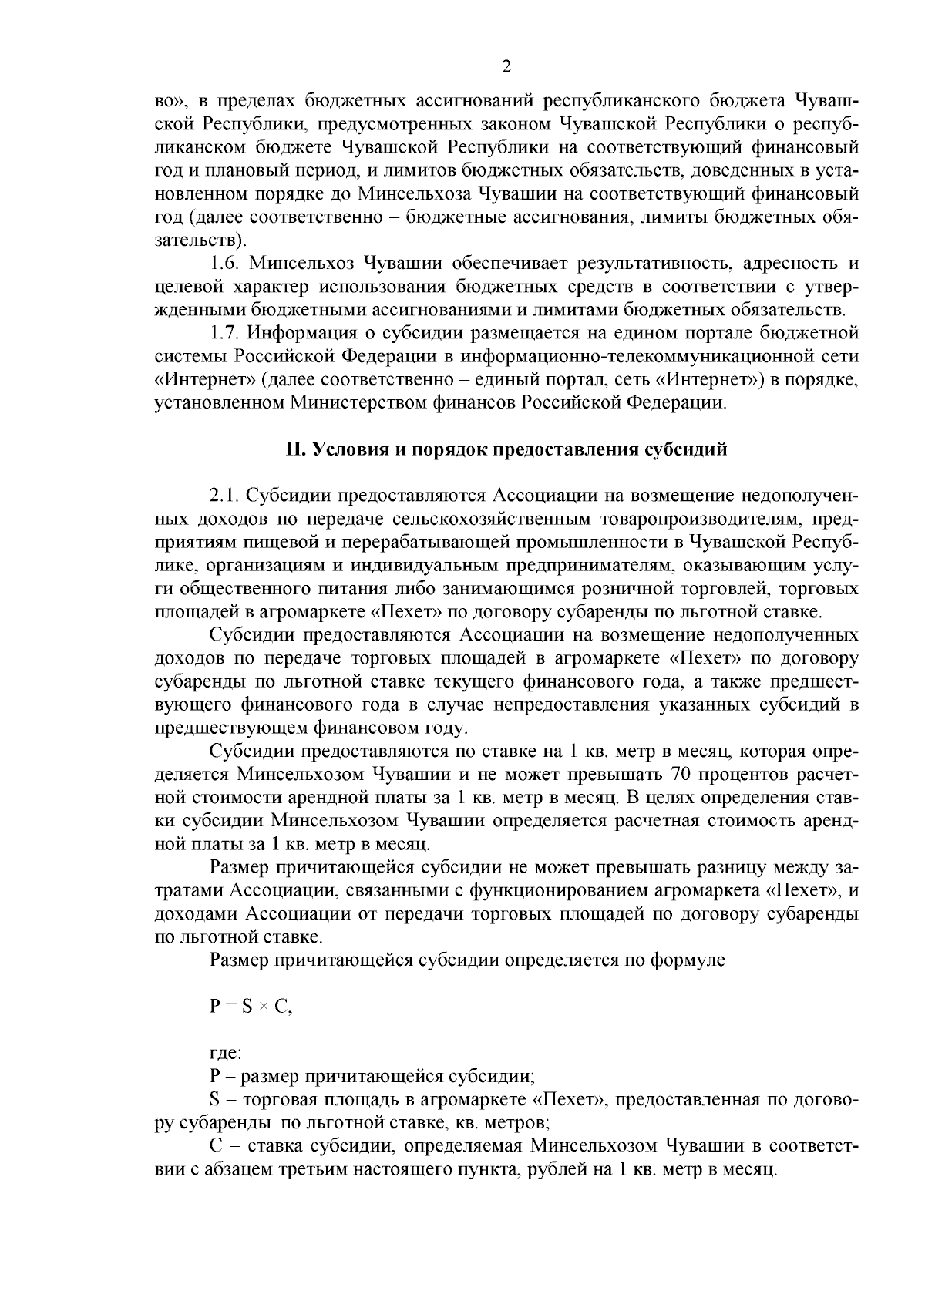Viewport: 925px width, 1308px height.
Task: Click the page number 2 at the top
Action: click(506, 67)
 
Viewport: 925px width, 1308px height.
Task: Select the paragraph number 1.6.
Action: click(226, 264)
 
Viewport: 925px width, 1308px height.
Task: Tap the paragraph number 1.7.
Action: click(226, 333)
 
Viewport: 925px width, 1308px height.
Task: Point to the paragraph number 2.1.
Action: click(226, 494)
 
